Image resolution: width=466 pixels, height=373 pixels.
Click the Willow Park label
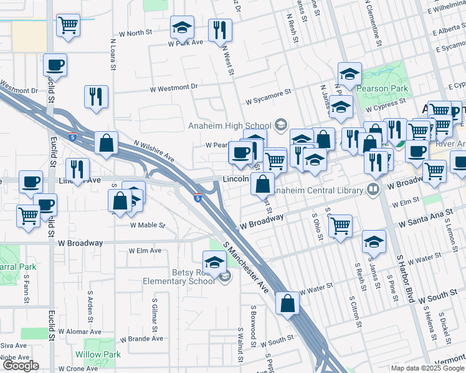98,354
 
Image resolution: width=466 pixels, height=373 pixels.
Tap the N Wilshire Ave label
153,149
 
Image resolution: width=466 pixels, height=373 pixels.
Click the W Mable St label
147,225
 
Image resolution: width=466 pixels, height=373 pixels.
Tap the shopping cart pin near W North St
68,25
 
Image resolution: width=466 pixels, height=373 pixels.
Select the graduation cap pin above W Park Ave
183,27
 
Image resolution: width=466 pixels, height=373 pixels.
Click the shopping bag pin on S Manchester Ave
287,304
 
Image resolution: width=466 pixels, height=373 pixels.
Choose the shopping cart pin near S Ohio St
340,226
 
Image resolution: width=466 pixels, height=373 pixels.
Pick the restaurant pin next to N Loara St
96,96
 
